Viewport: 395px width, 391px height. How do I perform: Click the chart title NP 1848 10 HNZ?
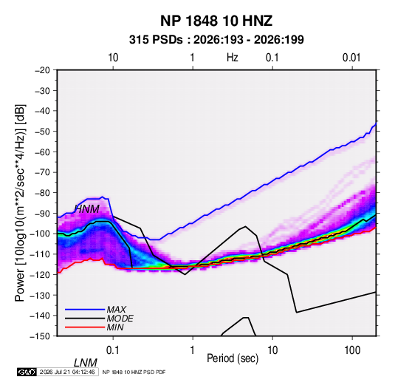[x=216, y=21]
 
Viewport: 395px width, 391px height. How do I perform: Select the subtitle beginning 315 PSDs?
[x=216, y=40]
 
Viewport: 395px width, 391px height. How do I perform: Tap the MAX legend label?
[x=117, y=310]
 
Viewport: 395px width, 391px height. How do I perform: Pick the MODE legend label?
[x=120, y=319]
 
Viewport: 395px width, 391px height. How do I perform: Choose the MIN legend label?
[x=115, y=327]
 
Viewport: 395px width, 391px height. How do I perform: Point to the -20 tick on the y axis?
[x=42, y=70]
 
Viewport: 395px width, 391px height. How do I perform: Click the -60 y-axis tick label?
[x=42, y=152]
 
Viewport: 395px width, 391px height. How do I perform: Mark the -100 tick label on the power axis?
[x=41, y=234]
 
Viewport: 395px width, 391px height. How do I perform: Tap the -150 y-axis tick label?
[x=41, y=336]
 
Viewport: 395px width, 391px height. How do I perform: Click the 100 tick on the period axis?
[x=352, y=350]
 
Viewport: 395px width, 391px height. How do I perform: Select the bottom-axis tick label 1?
[x=193, y=350]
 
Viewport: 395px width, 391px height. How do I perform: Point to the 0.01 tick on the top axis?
[x=351, y=58]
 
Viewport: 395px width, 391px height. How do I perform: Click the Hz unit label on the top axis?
[x=233, y=58]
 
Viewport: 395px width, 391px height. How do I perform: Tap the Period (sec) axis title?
[x=233, y=358]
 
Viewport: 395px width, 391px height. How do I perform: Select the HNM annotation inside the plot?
[x=87, y=209]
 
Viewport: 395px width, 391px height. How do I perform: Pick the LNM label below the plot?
[x=86, y=363]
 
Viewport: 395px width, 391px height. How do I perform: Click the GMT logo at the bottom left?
[x=27, y=372]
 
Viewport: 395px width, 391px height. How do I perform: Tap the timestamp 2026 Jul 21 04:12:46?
[x=67, y=372]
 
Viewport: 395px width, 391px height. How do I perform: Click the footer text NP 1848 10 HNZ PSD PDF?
[x=134, y=372]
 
